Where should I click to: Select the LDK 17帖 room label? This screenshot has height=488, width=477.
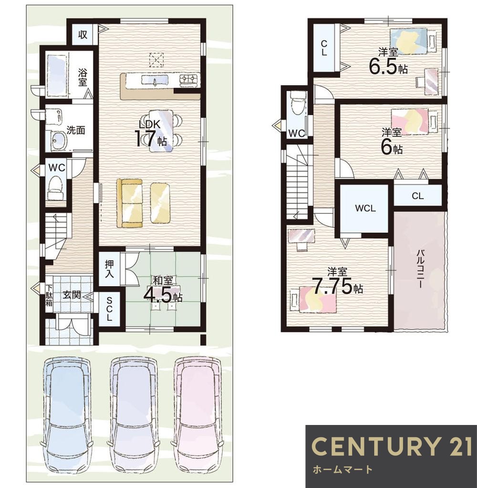tap(151, 134)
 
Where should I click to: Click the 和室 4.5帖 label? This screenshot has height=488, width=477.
tap(163, 290)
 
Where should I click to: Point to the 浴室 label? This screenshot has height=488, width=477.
tap(83, 78)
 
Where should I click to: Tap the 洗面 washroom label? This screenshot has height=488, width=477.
tap(75, 130)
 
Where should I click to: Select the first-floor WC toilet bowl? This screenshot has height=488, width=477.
tap(56, 187)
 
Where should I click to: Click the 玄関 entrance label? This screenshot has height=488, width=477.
tap(72, 295)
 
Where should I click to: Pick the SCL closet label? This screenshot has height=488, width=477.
tap(109, 309)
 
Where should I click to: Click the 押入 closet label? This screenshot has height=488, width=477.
tap(109, 269)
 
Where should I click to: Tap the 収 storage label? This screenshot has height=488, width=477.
tap(83, 34)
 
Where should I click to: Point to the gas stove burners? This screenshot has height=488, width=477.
tap(189, 80)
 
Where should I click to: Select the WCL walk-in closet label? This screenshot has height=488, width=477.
tap(365, 208)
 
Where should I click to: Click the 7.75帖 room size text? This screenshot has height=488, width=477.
tap(337, 286)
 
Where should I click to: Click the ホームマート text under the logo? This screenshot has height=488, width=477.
tap(342, 469)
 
